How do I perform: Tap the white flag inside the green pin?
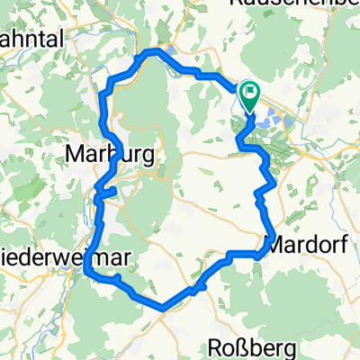(x=249, y=91)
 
